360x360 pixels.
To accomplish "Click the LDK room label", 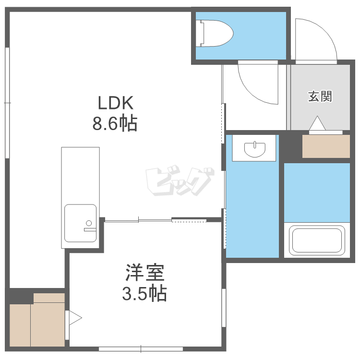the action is click(116, 103).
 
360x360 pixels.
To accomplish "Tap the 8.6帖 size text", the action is click(115, 123).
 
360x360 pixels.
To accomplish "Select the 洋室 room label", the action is click(145, 273).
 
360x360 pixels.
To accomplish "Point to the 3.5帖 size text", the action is click(144, 293).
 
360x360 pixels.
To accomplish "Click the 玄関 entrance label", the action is click(320, 96).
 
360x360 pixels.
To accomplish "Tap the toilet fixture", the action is click(215, 33).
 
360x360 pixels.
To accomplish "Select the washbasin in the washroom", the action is click(254, 149).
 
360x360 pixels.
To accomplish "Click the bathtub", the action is click(317, 240).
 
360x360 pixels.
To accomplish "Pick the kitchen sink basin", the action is click(80, 223).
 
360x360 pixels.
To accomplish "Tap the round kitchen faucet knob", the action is click(89, 223).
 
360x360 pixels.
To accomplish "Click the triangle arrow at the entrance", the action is click(317, 123).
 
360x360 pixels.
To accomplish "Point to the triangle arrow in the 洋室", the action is click(75, 318).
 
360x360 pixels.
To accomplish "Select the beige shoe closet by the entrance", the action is click(326, 146).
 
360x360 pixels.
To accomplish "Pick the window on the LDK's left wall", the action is click(7, 103).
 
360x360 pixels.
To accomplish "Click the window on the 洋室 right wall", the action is click(224, 308).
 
